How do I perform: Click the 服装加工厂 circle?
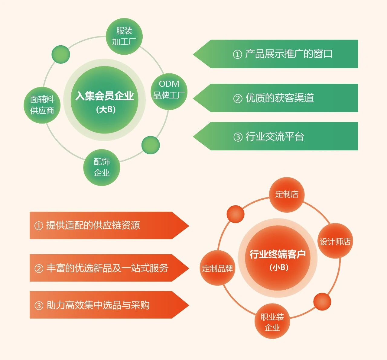(124, 36)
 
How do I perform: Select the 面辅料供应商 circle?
(42, 105)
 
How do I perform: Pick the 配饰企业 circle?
(102, 167)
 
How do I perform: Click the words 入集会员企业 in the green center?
(105, 96)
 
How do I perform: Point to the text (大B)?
(106, 109)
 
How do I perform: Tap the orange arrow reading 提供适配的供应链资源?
(103, 225)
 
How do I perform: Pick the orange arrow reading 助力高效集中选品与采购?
(103, 305)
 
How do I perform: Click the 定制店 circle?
(286, 194)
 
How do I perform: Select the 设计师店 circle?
(335, 241)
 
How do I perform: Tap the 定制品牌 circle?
(217, 268)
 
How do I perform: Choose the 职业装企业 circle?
(272, 321)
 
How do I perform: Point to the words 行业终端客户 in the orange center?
(278, 254)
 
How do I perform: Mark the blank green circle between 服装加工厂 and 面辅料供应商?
(61, 54)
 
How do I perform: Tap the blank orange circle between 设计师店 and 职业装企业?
(322, 301)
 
